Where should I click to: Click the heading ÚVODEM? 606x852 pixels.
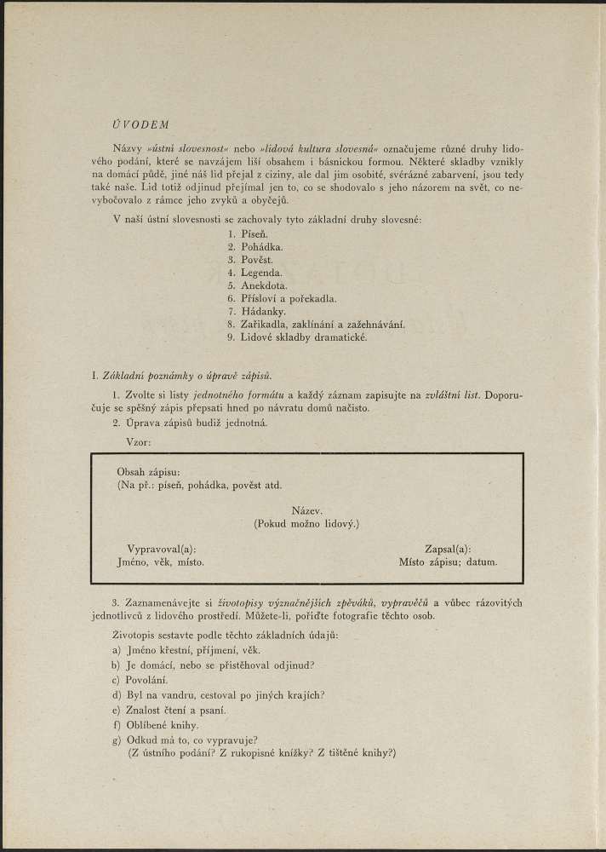pyautogui.click(x=140, y=124)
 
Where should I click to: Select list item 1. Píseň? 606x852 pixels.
pyautogui.click(x=249, y=233)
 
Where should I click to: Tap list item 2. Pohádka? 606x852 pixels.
pyautogui.click(x=255, y=246)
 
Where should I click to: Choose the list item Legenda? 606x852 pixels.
pyautogui.click(x=255, y=273)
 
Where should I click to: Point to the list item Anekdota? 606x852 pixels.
pyautogui.click(x=258, y=285)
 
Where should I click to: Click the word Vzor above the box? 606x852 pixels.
pyautogui.click(x=140, y=443)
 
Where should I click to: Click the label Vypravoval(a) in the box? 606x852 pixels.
pyautogui.click(x=161, y=550)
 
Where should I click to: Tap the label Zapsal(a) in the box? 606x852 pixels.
pyautogui.click(x=448, y=550)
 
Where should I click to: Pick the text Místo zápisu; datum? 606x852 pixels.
pyautogui.click(x=448, y=562)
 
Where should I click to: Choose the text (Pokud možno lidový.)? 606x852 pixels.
pyautogui.click(x=306, y=523)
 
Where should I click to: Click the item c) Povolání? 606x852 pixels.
pyautogui.click(x=140, y=680)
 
